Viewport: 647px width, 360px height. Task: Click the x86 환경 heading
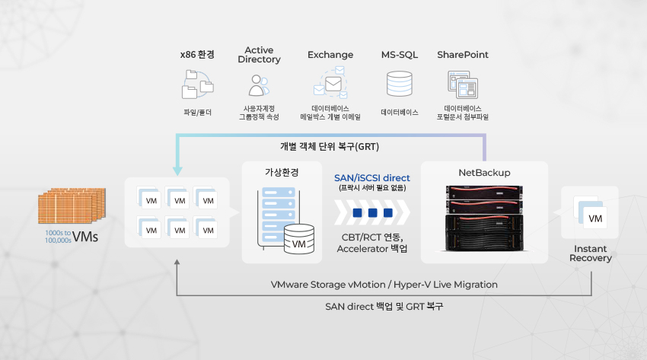point(197,55)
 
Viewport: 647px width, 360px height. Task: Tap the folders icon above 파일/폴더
point(198,84)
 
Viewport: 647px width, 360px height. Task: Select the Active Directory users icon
point(259,85)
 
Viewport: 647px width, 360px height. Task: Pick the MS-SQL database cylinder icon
point(399,84)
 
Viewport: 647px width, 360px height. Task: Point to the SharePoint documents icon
point(463,84)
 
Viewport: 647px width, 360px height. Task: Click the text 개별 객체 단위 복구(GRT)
point(330,146)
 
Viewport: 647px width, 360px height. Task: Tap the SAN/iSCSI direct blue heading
point(372,178)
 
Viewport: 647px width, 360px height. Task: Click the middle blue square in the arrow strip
point(373,213)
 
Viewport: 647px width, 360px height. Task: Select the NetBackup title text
point(484,172)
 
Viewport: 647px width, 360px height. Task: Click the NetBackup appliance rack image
point(484,218)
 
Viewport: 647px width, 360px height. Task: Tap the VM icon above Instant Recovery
point(590,212)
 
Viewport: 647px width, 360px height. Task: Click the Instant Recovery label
point(591,253)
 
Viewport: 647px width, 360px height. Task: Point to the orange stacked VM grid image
point(72,205)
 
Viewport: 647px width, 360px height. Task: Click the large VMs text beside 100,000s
point(85,237)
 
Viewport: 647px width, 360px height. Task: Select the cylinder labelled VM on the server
point(298,239)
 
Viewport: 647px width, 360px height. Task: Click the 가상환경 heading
point(282,172)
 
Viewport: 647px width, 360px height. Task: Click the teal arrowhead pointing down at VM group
point(177,170)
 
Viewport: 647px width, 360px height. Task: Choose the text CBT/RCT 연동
point(372,237)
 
